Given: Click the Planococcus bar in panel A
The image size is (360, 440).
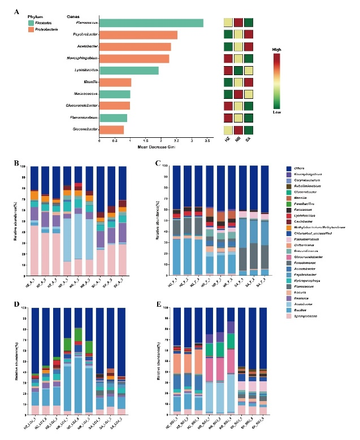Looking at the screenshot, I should pyautogui.click(x=151, y=23).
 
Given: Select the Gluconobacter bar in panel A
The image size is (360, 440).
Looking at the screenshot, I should pyautogui.click(x=111, y=130).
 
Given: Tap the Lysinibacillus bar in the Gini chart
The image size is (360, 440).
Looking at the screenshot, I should pyautogui.click(x=129, y=71).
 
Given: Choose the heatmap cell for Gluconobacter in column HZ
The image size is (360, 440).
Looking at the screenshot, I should pyautogui.click(x=228, y=130).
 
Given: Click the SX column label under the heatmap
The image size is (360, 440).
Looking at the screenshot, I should pyautogui.click(x=249, y=140).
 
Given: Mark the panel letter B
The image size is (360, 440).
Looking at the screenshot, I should pyautogui.click(x=18, y=163).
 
